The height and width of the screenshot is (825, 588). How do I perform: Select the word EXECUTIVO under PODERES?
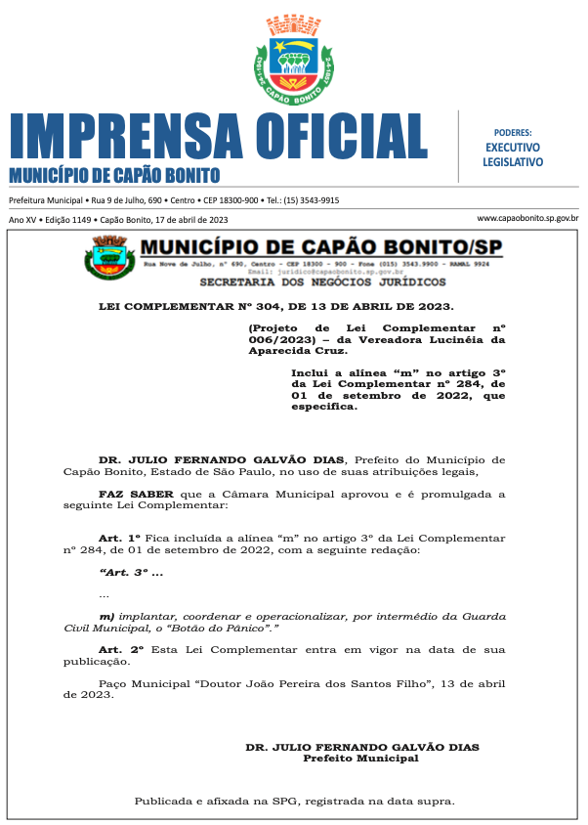[x=513, y=147]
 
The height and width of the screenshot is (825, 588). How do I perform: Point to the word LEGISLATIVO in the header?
[x=513, y=161]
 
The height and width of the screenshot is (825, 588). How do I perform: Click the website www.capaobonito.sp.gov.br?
[x=527, y=219]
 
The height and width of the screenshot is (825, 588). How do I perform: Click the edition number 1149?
[x=82, y=220]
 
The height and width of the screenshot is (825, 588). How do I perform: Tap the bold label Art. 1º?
[x=120, y=539]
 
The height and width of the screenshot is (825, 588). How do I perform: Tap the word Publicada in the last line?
[x=166, y=802]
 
